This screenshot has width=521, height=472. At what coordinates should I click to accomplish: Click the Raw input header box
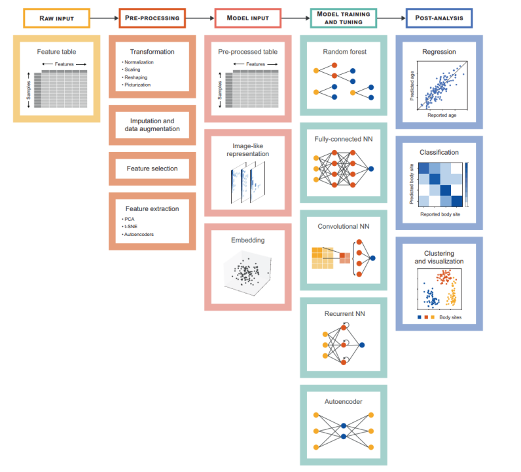(x=56, y=18)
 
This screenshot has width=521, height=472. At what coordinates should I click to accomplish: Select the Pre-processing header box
(x=152, y=18)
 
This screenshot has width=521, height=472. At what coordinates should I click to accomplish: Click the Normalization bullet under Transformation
(x=139, y=62)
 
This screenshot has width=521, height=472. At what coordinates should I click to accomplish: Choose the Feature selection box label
(x=152, y=168)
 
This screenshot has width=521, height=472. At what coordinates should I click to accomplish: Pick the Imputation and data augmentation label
(x=152, y=125)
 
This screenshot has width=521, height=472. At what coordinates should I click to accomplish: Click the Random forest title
(x=344, y=50)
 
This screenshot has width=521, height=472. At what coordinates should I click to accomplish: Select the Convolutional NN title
(x=344, y=226)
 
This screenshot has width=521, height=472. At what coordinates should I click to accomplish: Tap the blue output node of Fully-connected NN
(x=372, y=169)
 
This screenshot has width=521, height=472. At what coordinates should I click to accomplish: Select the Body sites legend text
(x=451, y=317)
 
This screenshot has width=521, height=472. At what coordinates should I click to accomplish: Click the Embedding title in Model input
(x=247, y=240)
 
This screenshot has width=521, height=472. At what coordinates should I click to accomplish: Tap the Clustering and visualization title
(x=439, y=256)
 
